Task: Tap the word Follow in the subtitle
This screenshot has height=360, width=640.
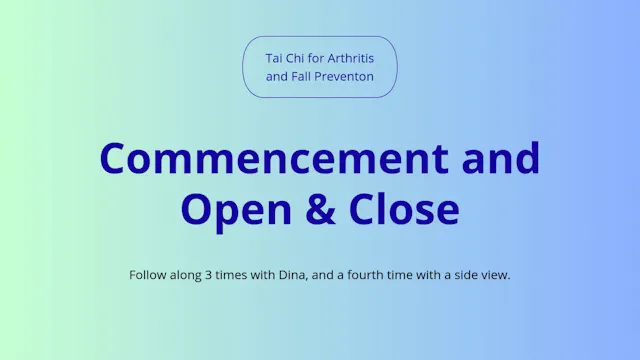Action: [148, 275]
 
